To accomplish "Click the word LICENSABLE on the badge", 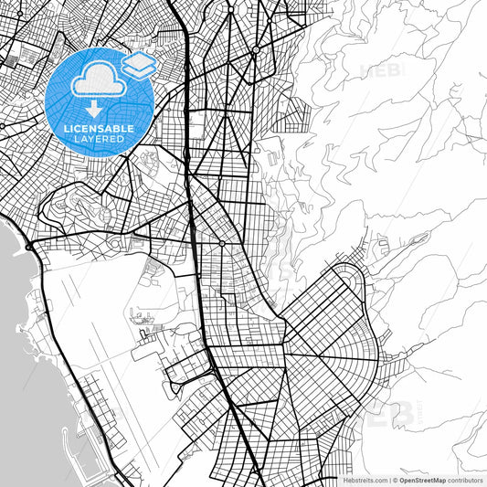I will [x=99, y=129].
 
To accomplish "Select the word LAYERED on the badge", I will [x=99, y=139].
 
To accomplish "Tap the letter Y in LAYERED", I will [x=94, y=139].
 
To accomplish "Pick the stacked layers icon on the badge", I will [x=139, y=64].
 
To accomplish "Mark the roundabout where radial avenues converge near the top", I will [x=258, y=47].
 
